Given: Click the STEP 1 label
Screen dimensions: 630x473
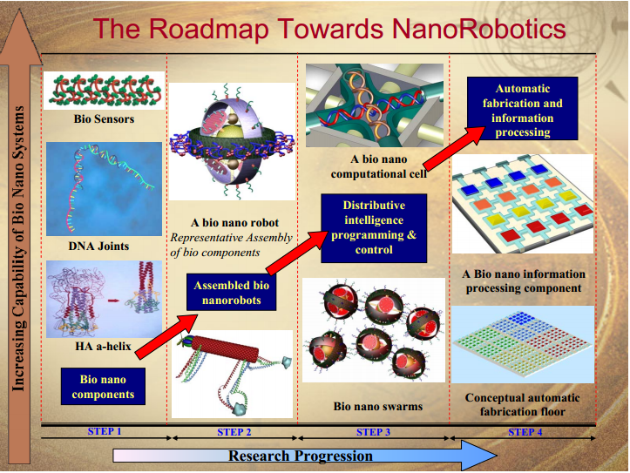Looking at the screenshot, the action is [105, 431].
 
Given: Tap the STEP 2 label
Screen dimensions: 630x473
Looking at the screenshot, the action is [234, 432].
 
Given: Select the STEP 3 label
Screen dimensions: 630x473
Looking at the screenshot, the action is [373, 432].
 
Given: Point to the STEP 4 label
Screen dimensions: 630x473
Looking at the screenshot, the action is [525, 432].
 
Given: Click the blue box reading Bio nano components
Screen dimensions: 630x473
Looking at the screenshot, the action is [104, 386].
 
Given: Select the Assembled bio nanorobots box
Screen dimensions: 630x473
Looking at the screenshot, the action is [232, 293].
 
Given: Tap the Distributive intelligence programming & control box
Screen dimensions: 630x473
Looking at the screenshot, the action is [374, 228].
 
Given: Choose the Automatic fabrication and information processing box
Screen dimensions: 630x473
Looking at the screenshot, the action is [522, 109].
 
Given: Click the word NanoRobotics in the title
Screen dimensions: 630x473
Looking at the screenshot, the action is [478, 29].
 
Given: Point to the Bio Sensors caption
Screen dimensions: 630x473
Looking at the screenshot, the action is [104, 118].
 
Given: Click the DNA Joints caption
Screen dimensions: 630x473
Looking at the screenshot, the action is [98, 247].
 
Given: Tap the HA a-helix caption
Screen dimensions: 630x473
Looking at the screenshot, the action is [104, 346].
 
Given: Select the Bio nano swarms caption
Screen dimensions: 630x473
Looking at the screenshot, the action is [378, 406].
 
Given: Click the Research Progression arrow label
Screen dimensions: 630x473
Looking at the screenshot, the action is [301, 456].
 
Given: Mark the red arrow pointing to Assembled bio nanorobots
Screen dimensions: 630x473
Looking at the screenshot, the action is [166, 336].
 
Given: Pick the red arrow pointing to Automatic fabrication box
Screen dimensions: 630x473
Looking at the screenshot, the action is [455, 149].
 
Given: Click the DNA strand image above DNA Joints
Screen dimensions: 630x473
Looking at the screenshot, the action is [104, 189].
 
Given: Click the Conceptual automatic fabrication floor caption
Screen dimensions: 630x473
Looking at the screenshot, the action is [522, 405].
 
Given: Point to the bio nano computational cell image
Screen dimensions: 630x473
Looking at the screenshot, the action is [375, 105].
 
